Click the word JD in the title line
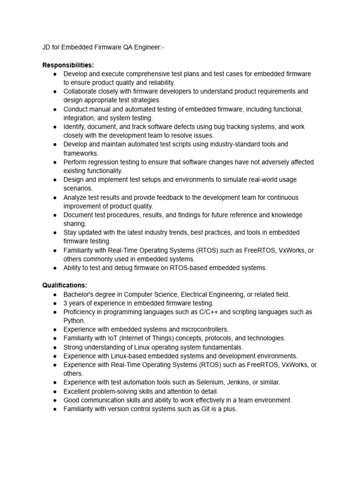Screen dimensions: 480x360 tap(47, 47)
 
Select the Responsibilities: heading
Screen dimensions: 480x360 tap(68, 65)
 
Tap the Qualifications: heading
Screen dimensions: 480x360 tap(65, 285)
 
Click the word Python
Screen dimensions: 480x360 tap(74, 321)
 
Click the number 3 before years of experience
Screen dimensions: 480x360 tap(66, 303)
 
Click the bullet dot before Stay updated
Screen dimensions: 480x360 tap(55, 233)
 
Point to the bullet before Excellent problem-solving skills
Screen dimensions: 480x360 tap(55, 391)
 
